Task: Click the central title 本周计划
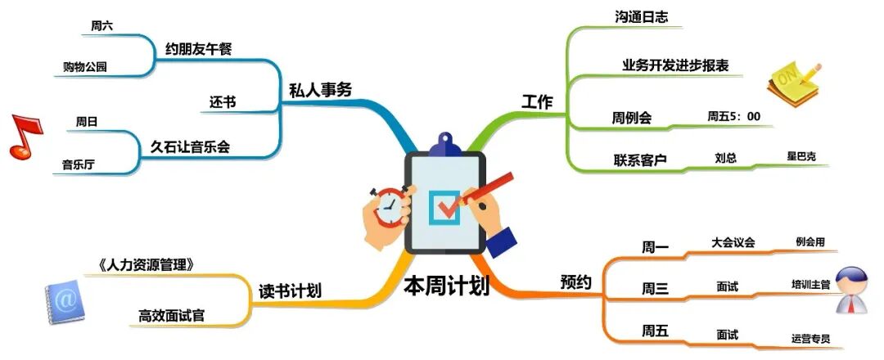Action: [x=446, y=286]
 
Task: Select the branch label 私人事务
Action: [x=320, y=90]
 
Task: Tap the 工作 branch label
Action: [x=537, y=102]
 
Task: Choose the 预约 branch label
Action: [x=576, y=282]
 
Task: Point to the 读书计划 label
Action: [x=289, y=290]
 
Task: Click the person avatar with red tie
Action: [x=855, y=290]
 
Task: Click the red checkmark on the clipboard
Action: [x=448, y=204]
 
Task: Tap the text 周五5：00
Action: [x=733, y=117]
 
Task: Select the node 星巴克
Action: [x=801, y=156]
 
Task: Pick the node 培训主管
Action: [x=810, y=285]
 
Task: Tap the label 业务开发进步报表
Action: [x=675, y=65]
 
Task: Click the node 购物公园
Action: [x=85, y=67]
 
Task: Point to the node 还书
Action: [x=223, y=102]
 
